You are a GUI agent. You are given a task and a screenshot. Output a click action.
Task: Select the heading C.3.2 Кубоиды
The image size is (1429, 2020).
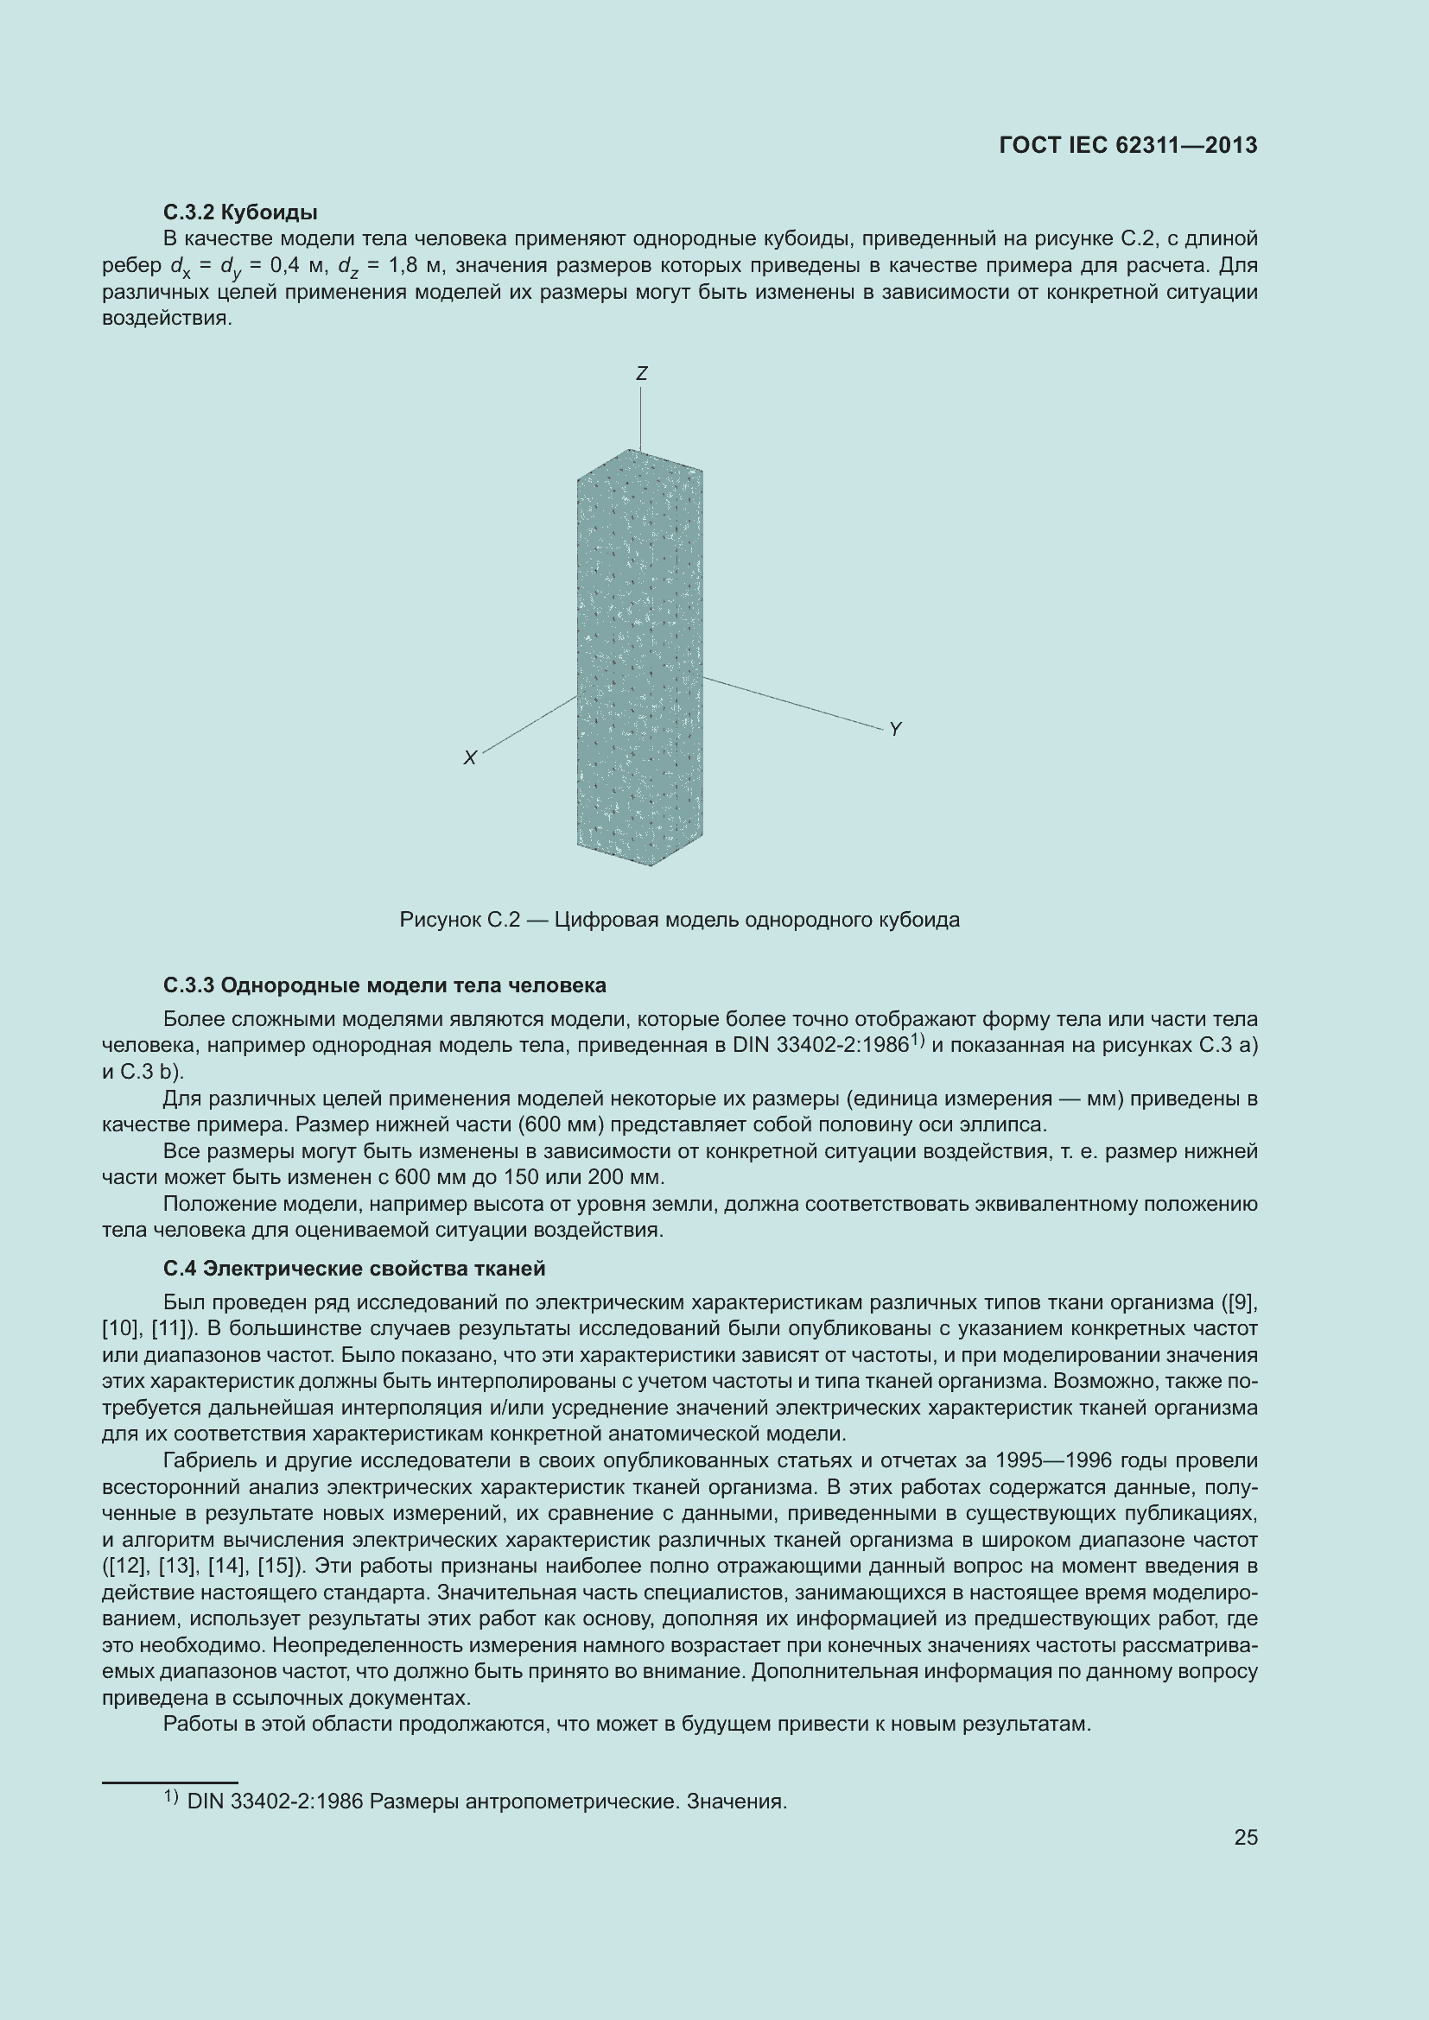(x=240, y=212)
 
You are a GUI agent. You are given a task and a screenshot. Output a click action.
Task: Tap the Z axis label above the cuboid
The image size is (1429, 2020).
(x=641, y=374)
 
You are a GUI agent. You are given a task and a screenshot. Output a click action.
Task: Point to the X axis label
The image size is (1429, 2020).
(x=470, y=757)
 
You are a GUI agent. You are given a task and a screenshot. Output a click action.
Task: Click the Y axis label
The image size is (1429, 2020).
(x=895, y=730)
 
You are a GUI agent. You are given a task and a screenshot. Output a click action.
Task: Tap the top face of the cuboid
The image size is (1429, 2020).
(x=639, y=465)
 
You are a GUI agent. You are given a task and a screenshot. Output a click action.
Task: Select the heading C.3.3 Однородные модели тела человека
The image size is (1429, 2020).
(x=384, y=985)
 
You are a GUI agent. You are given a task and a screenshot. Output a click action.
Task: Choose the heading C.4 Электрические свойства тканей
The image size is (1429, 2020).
(x=353, y=1268)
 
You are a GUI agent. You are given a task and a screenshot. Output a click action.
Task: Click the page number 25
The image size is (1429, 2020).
(x=1245, y=1837)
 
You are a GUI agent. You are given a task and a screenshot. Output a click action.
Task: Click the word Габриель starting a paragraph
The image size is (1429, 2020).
(x=207, y=1460)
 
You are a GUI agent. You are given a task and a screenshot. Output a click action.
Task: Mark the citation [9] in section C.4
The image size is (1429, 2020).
(x=1241, y=1302)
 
